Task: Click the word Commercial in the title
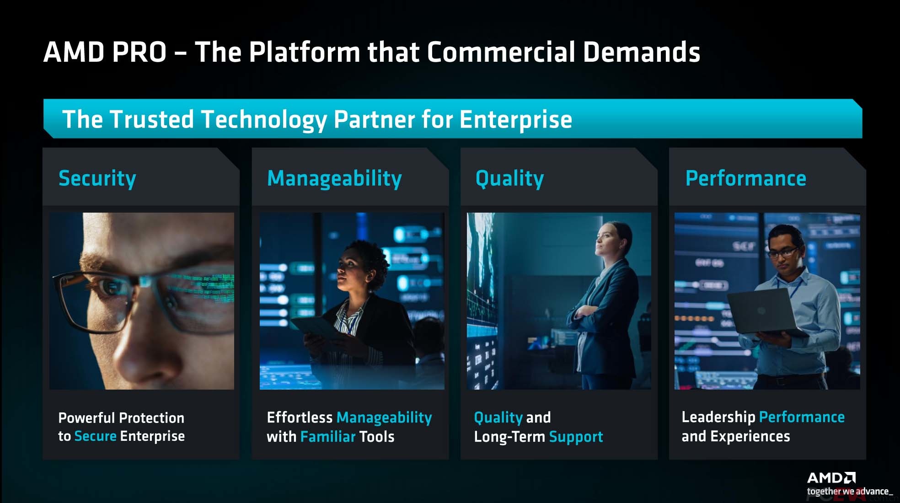coord(500,52)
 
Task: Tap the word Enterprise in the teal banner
coord(516,120)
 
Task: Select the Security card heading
coord(97,179)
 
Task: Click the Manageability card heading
coord(334,179)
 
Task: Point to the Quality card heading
coord(510,179)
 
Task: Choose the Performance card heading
coord(746,178)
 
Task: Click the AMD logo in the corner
coord(831,478)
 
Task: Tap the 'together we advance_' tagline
coord(850,492)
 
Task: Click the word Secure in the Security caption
coord(96,436)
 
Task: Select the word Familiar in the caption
coord(328,437)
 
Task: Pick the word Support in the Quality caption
coord(576,437)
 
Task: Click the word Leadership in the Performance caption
coord(718,417)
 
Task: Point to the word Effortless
coord(300,417)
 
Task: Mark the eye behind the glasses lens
coord(111,287)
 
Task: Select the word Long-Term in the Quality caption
coord(509,437)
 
